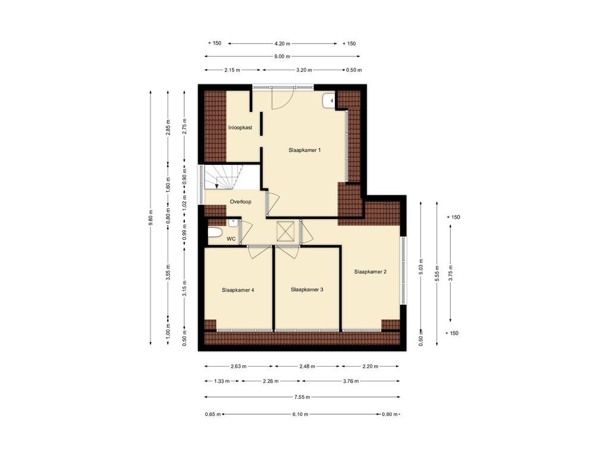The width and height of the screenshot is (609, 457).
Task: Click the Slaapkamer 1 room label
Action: [304, 150]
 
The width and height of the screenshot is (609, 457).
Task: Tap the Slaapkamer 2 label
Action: [370, 272]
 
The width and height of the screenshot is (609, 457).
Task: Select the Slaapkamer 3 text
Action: [307, 290]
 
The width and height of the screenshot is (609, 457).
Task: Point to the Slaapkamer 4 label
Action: [238, 290]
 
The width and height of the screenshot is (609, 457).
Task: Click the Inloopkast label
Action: [240, 127]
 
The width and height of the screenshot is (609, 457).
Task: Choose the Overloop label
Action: [240, 202]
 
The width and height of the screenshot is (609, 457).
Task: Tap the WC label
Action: [231, 239]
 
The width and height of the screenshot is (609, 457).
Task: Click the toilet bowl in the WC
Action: [215, 233]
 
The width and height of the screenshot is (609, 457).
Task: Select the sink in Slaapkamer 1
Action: [328, 101]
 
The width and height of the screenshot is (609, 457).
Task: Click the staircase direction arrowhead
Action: [216, 186]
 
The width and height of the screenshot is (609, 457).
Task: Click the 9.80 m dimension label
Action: [150, 218]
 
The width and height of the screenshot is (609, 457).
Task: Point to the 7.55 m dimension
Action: [302, 397]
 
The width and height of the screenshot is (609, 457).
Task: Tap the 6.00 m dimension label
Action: [282, 57]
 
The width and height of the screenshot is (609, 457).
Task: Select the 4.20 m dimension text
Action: [282, 43]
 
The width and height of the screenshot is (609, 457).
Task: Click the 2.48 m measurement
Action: [307, 366]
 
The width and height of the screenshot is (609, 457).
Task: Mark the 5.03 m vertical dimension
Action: [422, 267]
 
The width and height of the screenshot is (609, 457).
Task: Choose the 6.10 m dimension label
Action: [300, 414]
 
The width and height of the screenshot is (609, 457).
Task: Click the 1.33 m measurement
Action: [222, 381]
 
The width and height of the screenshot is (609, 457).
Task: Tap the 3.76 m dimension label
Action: [351, 381]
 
